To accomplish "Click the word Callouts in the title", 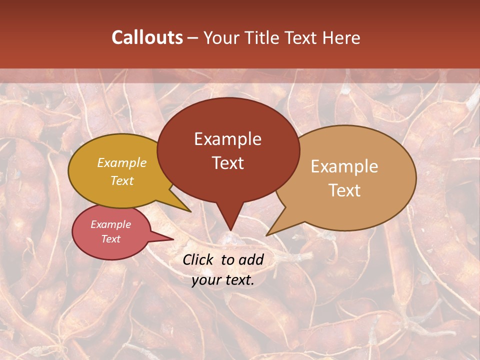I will click(x=147, y=37).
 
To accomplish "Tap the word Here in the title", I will click(x=342, y=37).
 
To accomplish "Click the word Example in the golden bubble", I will click(x=122, y=162).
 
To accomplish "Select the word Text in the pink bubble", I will click(x=111, y=239).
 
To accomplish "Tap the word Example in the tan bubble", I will click(x=344, y=166).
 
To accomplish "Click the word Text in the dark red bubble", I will click(x=228, y=163).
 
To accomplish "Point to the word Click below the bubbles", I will click(x=198, y=259).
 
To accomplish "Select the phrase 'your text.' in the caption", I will click(x=223, y=280).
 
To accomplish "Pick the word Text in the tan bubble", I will click(x=344, y=190).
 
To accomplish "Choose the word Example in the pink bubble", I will click(x=111, y=224).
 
